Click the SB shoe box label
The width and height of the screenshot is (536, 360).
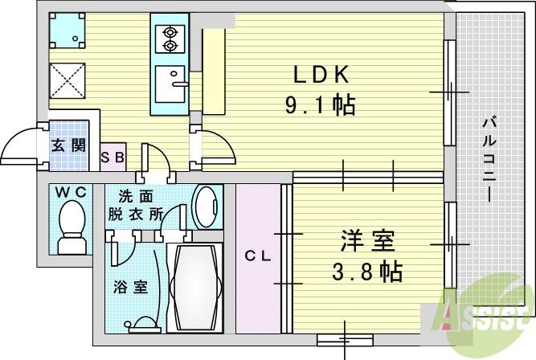point(113,157)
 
